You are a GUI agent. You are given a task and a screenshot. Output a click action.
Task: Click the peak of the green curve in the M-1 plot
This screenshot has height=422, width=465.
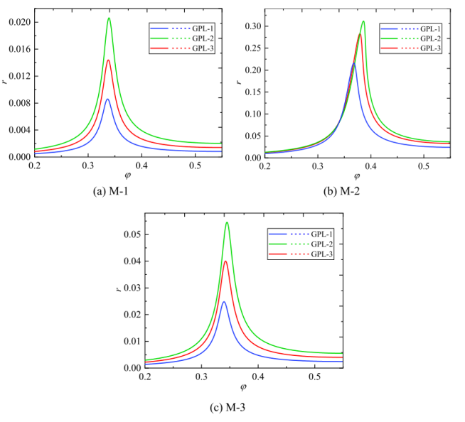click(x=109, y=18)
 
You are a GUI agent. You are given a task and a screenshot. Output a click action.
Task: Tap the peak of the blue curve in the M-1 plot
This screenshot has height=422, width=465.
click(x=107, y=99)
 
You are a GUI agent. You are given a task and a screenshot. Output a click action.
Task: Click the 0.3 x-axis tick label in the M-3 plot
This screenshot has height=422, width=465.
click(x=201, y=377)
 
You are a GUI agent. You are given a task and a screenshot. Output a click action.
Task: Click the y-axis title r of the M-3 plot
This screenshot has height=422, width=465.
click(x=118, y=290)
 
